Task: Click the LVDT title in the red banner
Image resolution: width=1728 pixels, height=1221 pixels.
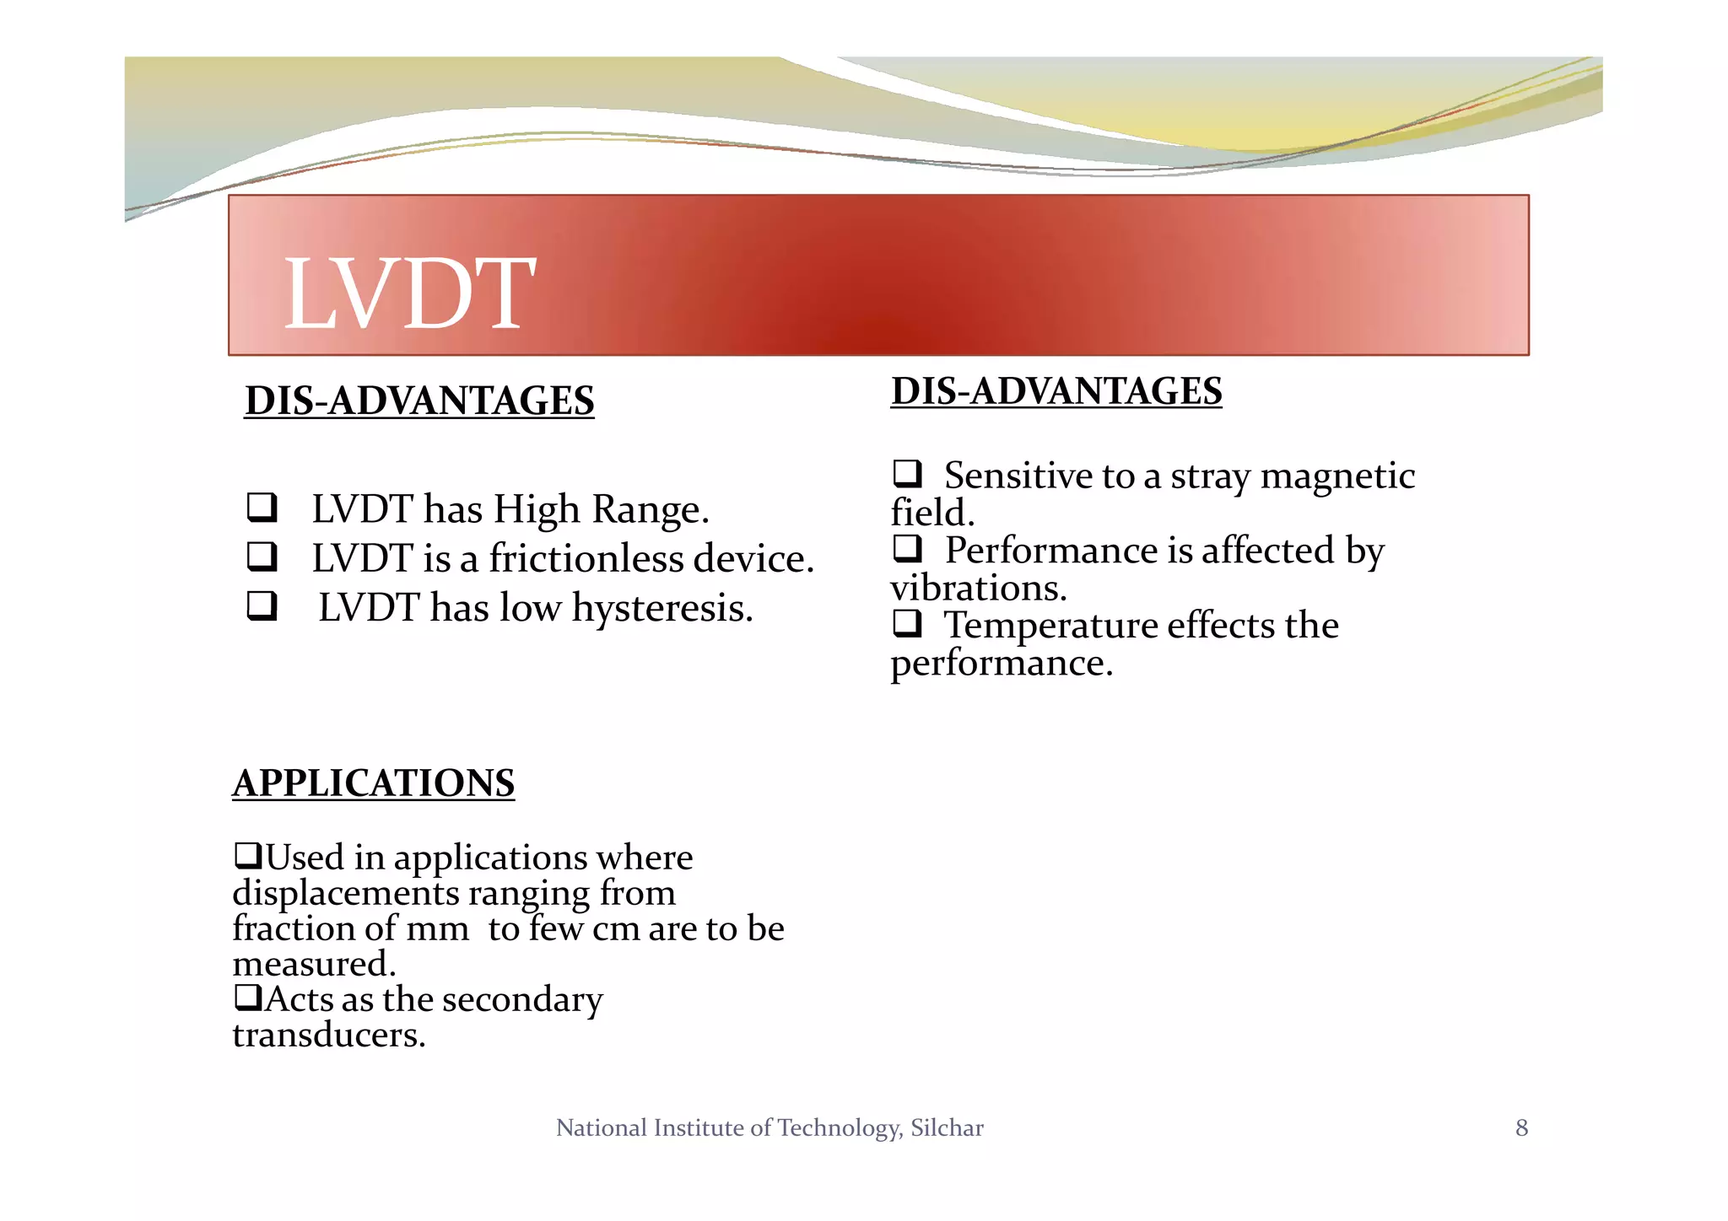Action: point(409,294)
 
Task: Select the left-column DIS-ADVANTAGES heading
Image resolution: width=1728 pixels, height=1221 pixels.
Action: point(419,401)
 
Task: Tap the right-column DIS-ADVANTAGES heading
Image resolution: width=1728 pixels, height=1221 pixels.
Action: point(1056,391)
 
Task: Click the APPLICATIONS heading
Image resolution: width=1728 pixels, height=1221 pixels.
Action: point(373,783)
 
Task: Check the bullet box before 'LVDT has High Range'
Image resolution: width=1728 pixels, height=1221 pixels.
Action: point(262,508)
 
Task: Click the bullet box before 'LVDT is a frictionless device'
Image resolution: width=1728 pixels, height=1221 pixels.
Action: point(262,557)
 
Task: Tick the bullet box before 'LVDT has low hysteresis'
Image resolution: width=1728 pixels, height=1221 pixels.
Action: point(262,606)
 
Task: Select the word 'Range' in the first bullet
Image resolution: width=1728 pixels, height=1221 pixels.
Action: point(650,509)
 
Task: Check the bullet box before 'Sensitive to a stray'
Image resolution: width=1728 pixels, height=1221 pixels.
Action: point(907,474)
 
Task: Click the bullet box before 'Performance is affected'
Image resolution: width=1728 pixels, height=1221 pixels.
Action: point(907,549)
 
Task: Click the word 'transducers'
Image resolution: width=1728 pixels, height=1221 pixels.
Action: point(327,1035)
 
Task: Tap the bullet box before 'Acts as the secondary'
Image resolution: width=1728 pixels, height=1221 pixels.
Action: point(247,998)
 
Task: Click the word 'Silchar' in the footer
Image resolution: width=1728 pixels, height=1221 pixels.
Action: point(947,1128)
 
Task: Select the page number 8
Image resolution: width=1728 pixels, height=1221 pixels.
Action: point(1521,1128)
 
